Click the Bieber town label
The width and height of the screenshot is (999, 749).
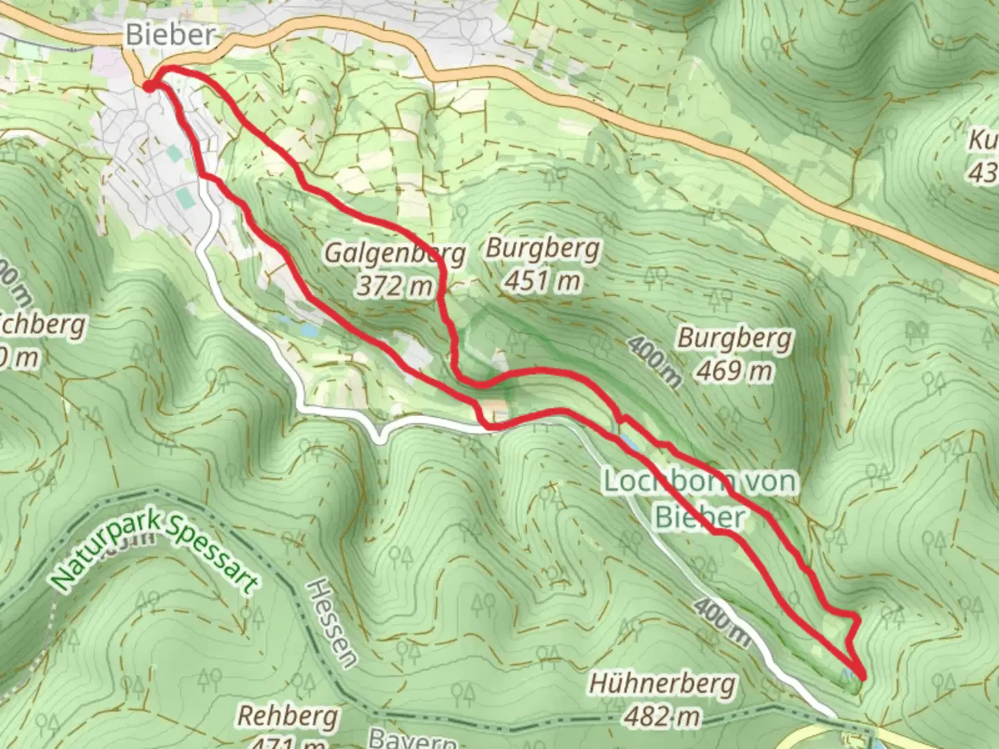click(170, 35)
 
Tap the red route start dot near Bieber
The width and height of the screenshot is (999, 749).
click(148, 85)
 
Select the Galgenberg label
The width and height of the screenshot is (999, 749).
click(395, 254)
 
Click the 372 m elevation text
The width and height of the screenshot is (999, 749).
click(395, 284)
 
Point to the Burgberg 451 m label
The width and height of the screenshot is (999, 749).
click(543, 264)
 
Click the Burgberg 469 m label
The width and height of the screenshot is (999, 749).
click(735, 354)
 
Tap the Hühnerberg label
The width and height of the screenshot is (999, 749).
click(662, 684)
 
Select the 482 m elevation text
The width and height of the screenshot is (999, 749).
click(662, 715)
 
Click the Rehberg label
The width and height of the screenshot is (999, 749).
click(288, 716)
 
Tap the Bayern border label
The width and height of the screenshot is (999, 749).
click(412, 738)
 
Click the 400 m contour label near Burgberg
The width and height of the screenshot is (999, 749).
click(655, 361)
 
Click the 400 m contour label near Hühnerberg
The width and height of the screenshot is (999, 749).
click(721, 622)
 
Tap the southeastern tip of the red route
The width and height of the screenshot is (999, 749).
click(863, 676)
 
